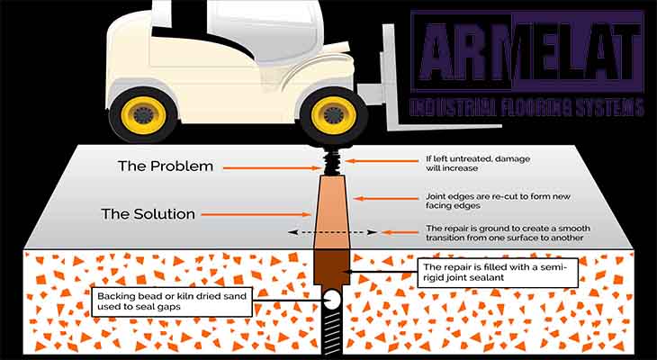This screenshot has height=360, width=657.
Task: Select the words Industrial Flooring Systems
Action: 526,107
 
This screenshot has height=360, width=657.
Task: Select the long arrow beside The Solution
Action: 252,215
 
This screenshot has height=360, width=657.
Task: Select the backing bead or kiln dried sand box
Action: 171,301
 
